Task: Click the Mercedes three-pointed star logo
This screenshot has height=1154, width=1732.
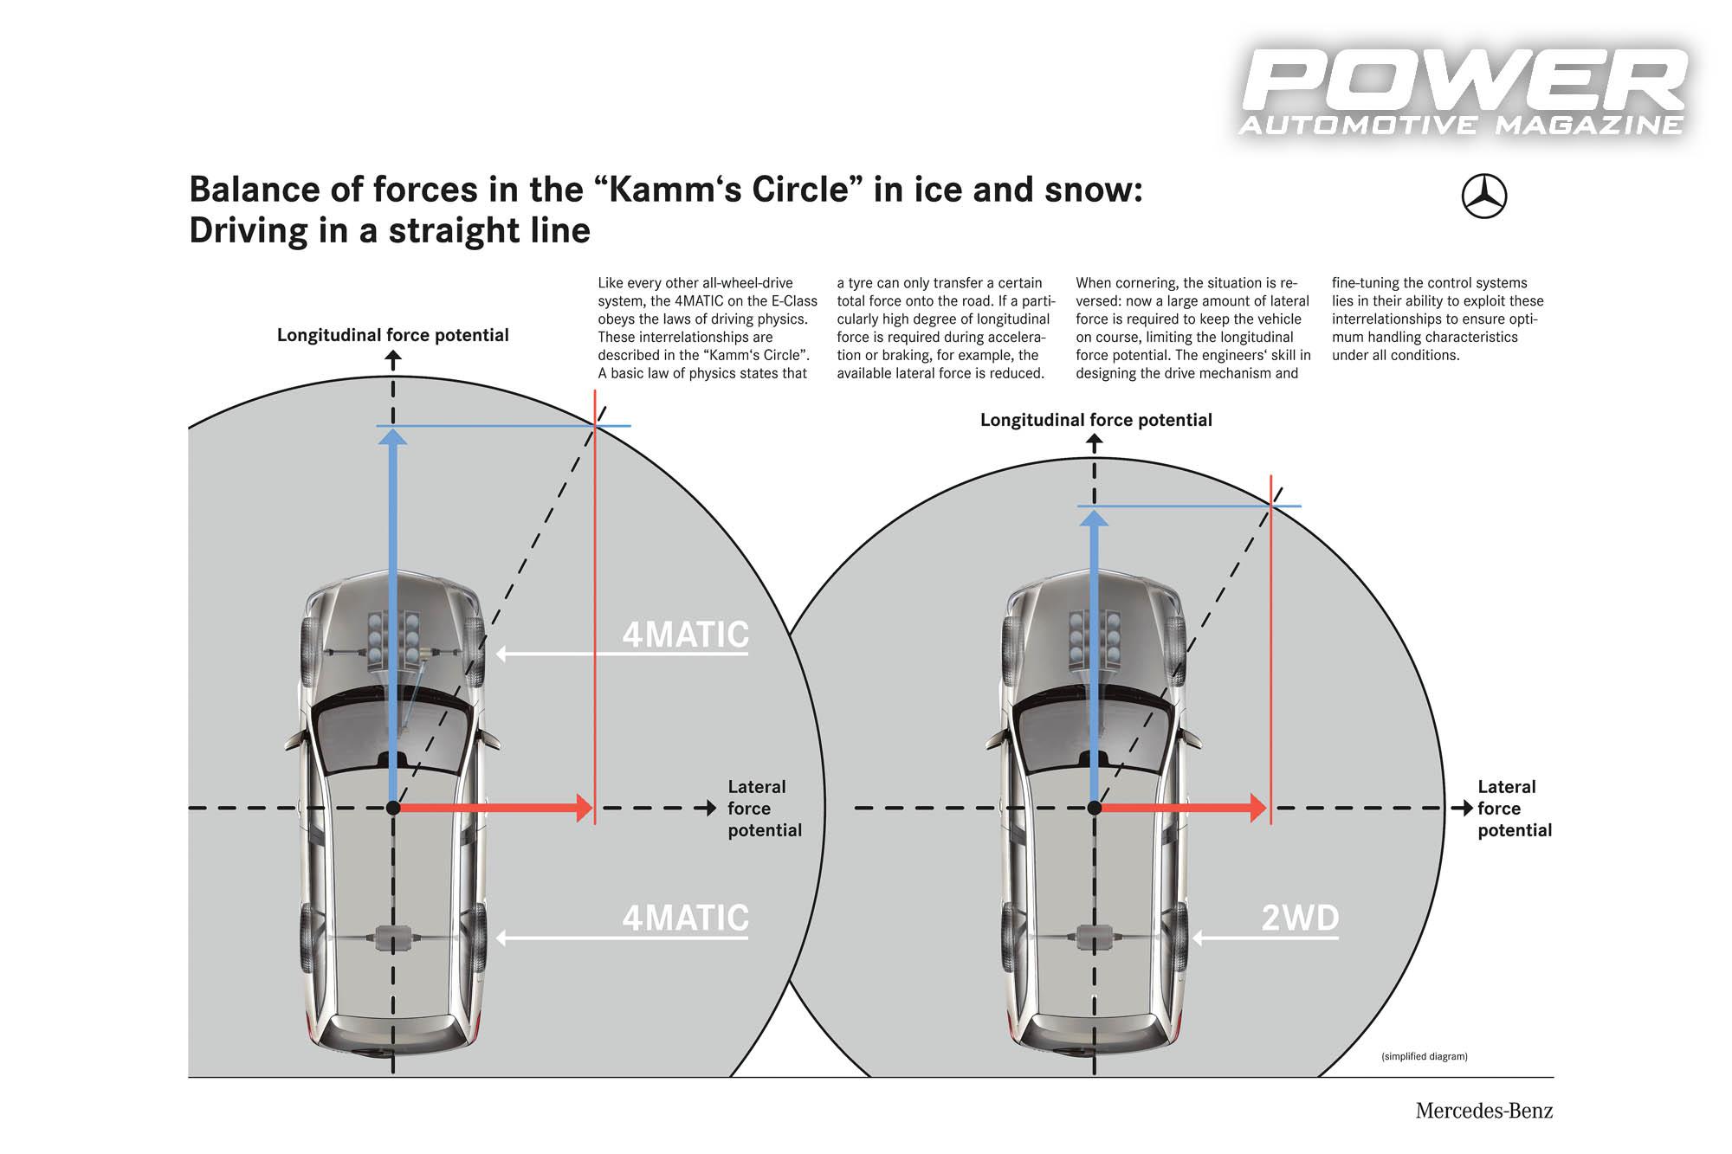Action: point(1484,197)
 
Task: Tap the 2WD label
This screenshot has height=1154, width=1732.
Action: point(1300,918)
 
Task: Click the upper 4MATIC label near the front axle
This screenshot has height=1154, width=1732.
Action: point(685,635)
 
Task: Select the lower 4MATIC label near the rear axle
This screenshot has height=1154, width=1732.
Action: point(685,918)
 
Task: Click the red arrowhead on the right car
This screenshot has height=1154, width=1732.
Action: point(1258,808)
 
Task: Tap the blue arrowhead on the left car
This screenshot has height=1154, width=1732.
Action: point(393,437)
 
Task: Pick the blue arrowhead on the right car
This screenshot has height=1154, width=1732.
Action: point(1095,519)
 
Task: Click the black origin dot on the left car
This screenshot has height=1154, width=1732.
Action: point(393,808)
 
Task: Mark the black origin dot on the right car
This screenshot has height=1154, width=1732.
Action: point(1095,808)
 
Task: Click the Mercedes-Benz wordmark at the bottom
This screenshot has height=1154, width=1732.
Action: point(1484,1111)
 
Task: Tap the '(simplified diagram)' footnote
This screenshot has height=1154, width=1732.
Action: point(1425,1056)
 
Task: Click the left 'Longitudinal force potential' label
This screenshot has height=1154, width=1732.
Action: point(393,335)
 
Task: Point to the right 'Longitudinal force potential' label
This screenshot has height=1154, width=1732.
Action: point(1096,420)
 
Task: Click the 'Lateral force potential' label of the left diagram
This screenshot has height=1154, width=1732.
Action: point(765,809)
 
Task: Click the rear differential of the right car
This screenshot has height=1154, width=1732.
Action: point(1095,938)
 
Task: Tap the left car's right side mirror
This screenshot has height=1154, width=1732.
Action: point(490,738)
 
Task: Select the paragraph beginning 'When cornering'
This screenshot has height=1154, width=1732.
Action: point(1193,328)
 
